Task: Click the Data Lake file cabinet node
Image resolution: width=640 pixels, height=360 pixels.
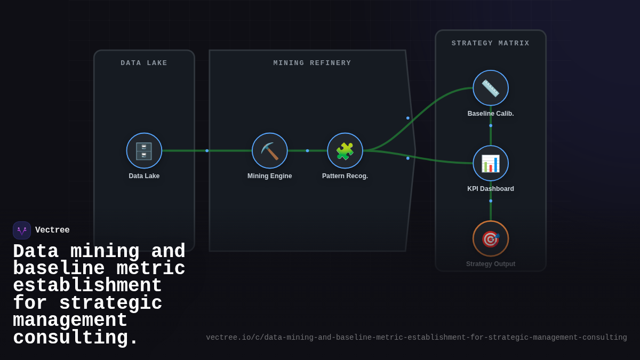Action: (x=144, y=151)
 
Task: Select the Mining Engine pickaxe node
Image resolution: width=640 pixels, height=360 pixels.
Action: (x=270, y=151)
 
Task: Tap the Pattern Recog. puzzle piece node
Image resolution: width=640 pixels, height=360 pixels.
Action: (x=345, y=151)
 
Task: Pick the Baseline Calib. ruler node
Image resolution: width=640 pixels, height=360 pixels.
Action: (x=491, y=88)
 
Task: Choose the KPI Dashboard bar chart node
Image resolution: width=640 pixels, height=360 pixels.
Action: (x=491, y=163)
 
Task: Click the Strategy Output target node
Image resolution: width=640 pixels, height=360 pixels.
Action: (x=491, y=238)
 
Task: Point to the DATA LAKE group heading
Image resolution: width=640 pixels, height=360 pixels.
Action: (x=144, y=63)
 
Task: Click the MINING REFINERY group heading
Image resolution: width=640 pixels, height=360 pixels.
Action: (x=313, y=63)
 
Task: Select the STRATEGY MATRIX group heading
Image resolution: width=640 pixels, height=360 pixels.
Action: (x=491, y=43)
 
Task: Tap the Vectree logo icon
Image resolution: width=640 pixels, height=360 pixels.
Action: (x=22, y=230)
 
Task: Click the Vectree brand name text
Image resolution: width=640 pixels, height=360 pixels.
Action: (x=52, y=230)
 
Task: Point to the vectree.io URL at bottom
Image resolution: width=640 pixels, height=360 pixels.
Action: (x=417, y=338)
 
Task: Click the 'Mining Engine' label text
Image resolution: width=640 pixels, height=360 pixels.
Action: (x=270, y=176)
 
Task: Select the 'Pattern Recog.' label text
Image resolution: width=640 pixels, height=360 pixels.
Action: (x=345, y=176)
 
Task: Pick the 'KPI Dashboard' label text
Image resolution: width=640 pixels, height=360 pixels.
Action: (x=491, y=189)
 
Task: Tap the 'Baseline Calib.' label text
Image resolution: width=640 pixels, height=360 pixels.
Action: (x=491, y=114)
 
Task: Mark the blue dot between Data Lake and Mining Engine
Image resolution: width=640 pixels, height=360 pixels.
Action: (x=207, y=151)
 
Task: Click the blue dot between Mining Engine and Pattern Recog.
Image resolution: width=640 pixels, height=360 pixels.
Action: (x=307, y=151)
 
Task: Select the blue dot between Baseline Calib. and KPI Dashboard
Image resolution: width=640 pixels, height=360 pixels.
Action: (x=491, y=126)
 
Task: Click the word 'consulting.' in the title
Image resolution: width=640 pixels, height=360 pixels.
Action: (x=75, y=338)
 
